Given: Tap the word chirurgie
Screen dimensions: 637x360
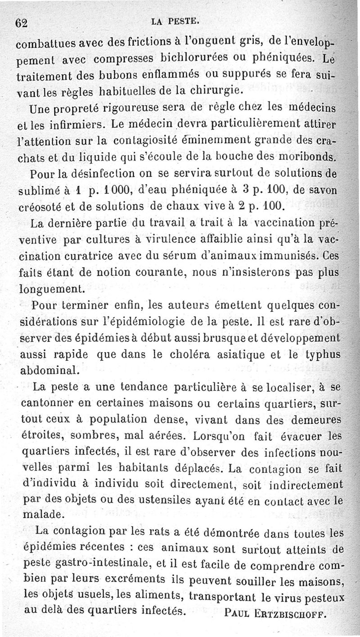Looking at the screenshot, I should click(x=216, y=90).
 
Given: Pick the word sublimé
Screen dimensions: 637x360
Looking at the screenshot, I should click(x=36, y=191).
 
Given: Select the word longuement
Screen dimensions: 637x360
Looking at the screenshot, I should click(x=49, y=289).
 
